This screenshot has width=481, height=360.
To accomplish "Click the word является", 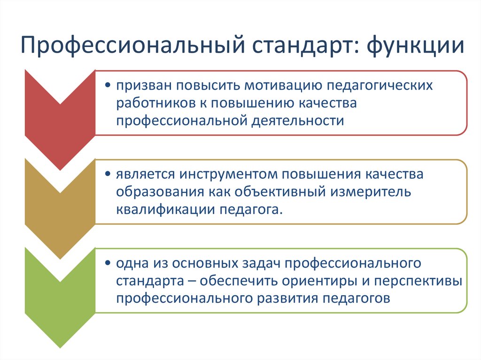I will [x=141, y=174].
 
